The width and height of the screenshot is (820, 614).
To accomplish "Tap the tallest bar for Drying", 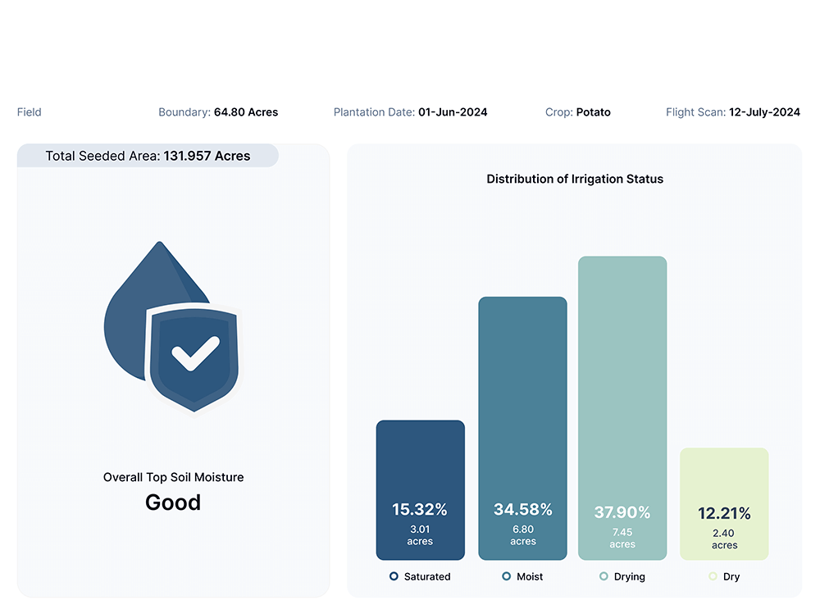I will click(622, 369).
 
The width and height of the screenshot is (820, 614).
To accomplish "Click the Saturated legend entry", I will click(420, 576).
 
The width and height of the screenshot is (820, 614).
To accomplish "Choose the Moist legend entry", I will click(522, 576).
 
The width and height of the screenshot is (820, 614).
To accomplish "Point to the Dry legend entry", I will click(724, 576).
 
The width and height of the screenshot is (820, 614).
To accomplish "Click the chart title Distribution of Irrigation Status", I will click(575, 179).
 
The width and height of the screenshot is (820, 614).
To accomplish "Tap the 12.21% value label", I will click(724, 513).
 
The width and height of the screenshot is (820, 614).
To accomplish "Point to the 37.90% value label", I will click(622, 512).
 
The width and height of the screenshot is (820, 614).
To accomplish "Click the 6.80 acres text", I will click(522, 535).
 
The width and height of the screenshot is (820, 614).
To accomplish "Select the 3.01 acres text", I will click(420, 535).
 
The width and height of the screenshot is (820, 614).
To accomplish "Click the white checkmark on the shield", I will click(195, 353).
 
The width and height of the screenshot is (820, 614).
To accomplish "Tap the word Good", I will click(173, 502).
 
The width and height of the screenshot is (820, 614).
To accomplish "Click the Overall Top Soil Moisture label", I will click(173, 477).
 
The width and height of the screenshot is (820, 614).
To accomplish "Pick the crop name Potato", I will click(593, 112).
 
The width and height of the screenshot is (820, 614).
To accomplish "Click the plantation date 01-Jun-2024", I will click(453, 112).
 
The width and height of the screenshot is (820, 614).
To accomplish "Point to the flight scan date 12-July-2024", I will click(764, 112).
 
